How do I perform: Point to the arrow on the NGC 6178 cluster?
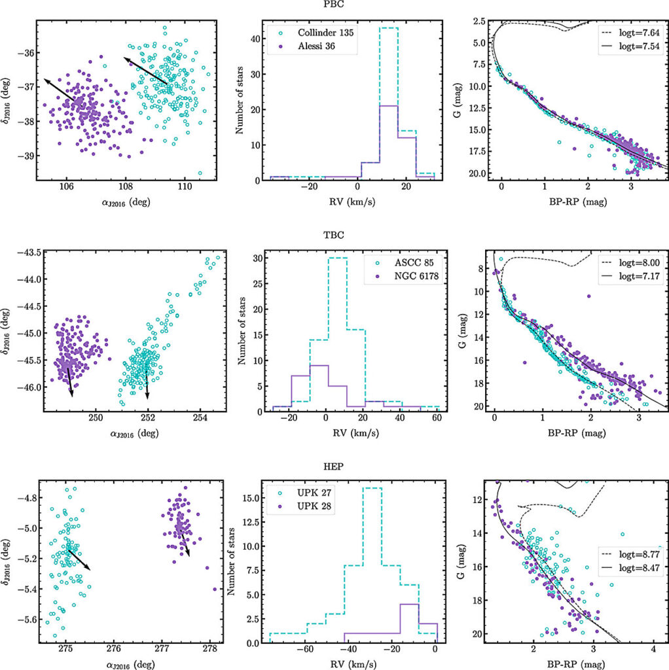tap(70, 382)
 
